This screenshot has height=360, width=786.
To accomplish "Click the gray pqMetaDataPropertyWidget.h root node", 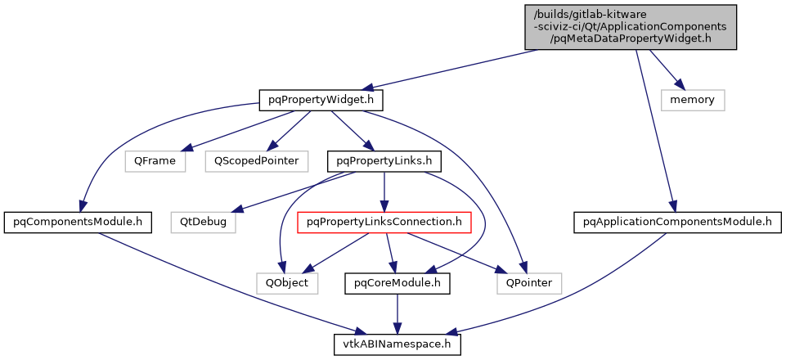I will tap(631, 27).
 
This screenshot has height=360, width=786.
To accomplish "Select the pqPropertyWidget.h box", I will tap(321, 100).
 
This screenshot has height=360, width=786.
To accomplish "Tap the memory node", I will tap(693, 100).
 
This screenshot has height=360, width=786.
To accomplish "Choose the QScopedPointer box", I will tap(256, 161).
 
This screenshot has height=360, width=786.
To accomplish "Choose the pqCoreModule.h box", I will tap(397, 283).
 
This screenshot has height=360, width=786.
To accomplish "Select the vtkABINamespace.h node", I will tap(397, 344).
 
